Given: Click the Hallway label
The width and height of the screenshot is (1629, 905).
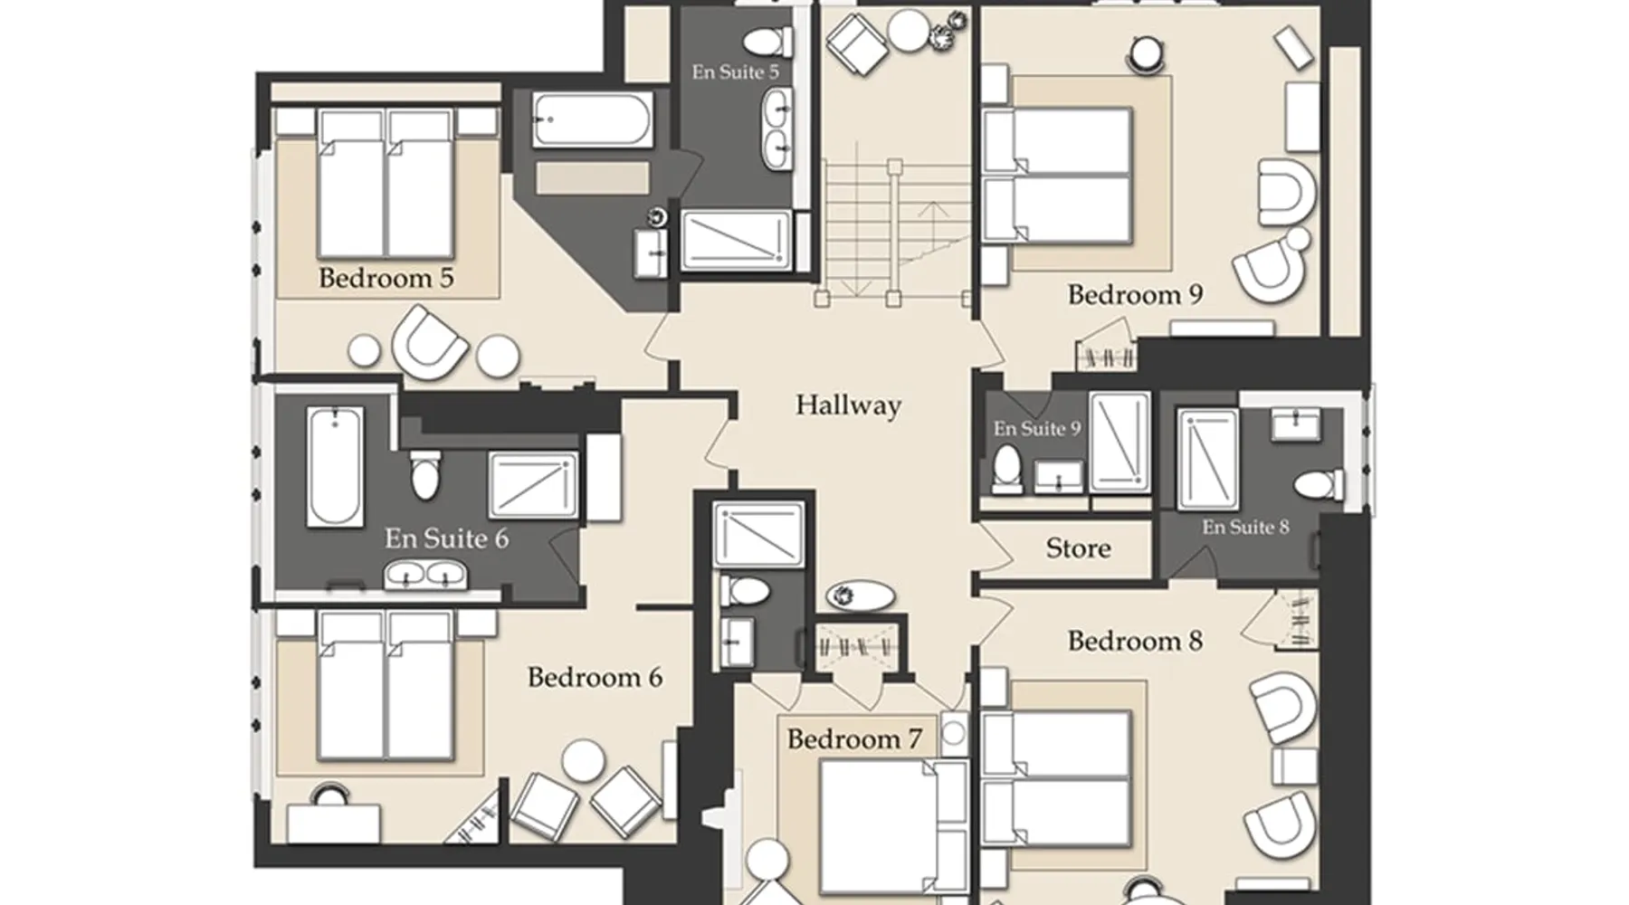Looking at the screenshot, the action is tap(848, 405).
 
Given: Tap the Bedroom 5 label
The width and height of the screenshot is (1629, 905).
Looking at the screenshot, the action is tap(386, 278).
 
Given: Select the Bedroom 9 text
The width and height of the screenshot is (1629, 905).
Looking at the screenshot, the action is tap(1135, 294).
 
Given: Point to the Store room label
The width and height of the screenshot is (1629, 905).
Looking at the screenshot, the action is tap(1078, 548).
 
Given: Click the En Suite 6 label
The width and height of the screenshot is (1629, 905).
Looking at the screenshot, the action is tap(446, 538).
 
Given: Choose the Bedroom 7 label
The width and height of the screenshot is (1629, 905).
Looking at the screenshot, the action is tap(854, 739).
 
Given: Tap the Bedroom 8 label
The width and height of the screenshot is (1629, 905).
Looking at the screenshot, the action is tap(1135, 641).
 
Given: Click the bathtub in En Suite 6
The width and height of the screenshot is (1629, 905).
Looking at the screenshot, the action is tap(335, 466).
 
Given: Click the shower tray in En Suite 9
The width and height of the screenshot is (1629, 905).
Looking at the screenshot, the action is tap(1119, 442).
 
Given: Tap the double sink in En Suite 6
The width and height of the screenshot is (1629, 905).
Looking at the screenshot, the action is tap(425, 575).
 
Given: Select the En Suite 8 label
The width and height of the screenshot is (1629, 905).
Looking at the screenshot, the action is tap(1245, 527).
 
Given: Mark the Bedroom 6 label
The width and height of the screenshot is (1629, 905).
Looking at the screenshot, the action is tap(595, 677).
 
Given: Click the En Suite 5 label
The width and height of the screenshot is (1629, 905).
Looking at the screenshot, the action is tap(735, 71).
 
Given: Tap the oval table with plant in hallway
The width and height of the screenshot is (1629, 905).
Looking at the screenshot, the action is tap(861, 595).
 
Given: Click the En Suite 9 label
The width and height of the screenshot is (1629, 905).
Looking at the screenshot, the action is tap(1037, 428).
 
